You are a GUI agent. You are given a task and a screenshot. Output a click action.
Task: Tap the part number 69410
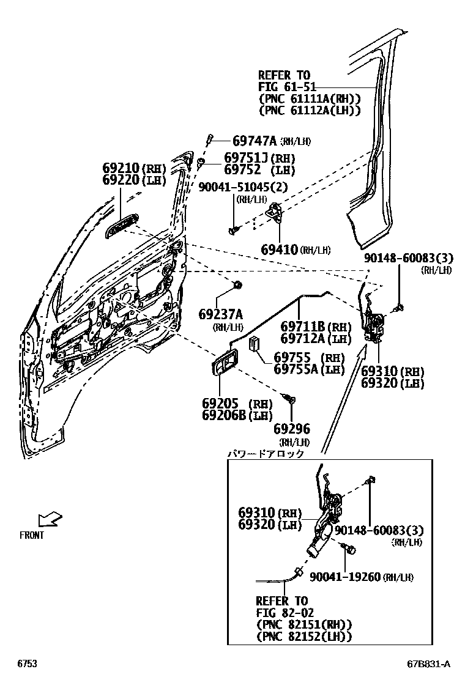coord(279,249)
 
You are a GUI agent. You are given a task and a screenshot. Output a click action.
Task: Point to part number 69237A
coord(221,315)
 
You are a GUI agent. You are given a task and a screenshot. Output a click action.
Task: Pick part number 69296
coord(292,429)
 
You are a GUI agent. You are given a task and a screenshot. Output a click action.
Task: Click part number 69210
coord(121,169)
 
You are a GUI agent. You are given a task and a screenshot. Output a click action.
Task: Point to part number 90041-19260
coord(345,577)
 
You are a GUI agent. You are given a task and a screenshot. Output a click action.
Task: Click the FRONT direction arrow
coord(49,520)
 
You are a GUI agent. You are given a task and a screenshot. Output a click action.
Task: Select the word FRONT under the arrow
coord(32,536)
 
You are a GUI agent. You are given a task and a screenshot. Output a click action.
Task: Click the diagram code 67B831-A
coord(429,664)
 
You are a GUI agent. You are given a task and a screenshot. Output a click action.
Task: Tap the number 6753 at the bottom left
coord(26,664)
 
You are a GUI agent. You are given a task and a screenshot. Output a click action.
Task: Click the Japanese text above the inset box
coord(266,454)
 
